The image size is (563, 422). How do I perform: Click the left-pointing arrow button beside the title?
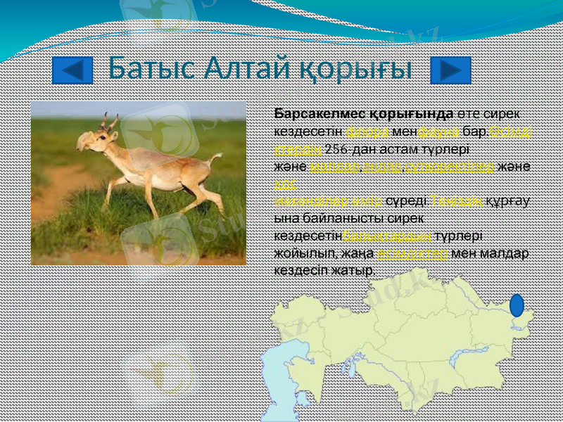pos(72,70)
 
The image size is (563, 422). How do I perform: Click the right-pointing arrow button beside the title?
pos(450,70)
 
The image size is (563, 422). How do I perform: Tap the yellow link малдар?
pos(325,166)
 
